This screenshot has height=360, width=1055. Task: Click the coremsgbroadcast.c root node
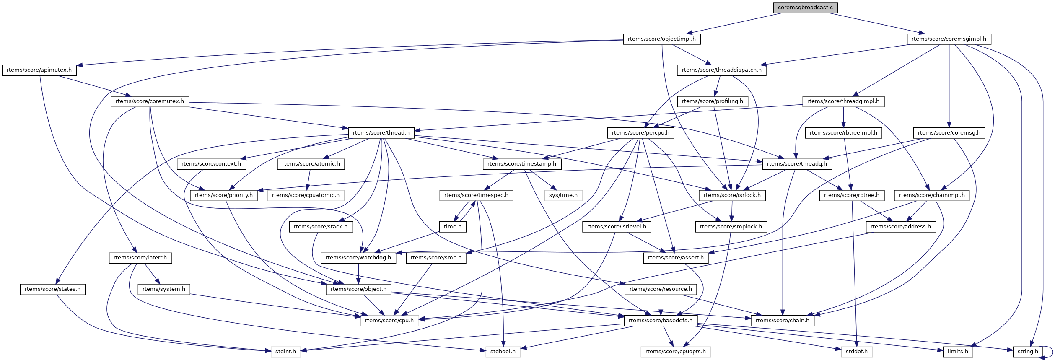tap(805, 8)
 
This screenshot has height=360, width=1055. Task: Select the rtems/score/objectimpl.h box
tap(661, 39)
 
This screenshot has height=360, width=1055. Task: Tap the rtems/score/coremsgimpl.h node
tap(949, 39)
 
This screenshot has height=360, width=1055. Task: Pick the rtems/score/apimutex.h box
tap(39, 70)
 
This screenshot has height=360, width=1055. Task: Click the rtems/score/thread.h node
tap(381, 133)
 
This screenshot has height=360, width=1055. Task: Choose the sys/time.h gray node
tap(563, 195)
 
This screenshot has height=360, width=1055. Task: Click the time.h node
tap(452, 227)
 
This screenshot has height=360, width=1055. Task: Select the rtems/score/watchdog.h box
tap(358, 258)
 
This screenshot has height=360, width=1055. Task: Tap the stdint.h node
tap(285, 352)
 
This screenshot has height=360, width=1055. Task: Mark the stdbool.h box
tap(503, 352)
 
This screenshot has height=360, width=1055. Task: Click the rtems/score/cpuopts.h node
tap(675, 352)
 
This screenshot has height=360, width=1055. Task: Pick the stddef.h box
tap(856, 352)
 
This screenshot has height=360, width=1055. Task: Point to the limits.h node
tap(958, 352)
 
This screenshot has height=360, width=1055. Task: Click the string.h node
tap(1028, 352)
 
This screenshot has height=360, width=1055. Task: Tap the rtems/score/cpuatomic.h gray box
tap(306, 195)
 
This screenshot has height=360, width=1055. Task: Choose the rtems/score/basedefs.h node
tap(661, 321)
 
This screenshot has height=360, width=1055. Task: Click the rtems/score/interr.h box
tap(140, 258)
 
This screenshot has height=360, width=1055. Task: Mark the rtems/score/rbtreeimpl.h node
tap(843, 133)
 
